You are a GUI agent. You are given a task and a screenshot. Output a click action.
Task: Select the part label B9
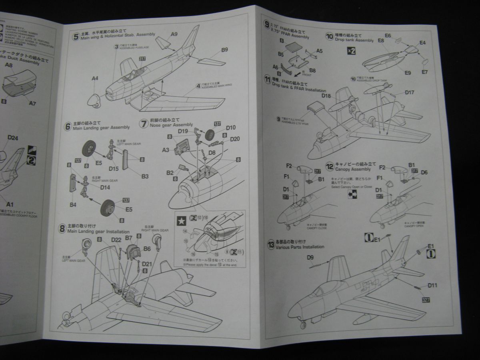(224, 50)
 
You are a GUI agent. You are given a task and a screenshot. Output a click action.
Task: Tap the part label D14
(105, 187)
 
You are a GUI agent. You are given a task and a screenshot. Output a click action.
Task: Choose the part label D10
(231, 128)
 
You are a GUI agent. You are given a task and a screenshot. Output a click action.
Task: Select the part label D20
(235, 139)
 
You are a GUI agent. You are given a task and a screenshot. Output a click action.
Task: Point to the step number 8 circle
(62, 228)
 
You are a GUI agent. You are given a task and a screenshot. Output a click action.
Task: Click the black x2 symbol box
(350, 51)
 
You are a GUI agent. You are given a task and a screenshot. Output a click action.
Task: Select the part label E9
(407, 73)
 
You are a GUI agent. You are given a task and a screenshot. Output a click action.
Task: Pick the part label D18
(326, 96)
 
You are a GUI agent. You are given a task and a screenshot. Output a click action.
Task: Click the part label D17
(409, 92)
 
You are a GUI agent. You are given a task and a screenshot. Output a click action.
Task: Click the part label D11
(432, 286)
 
